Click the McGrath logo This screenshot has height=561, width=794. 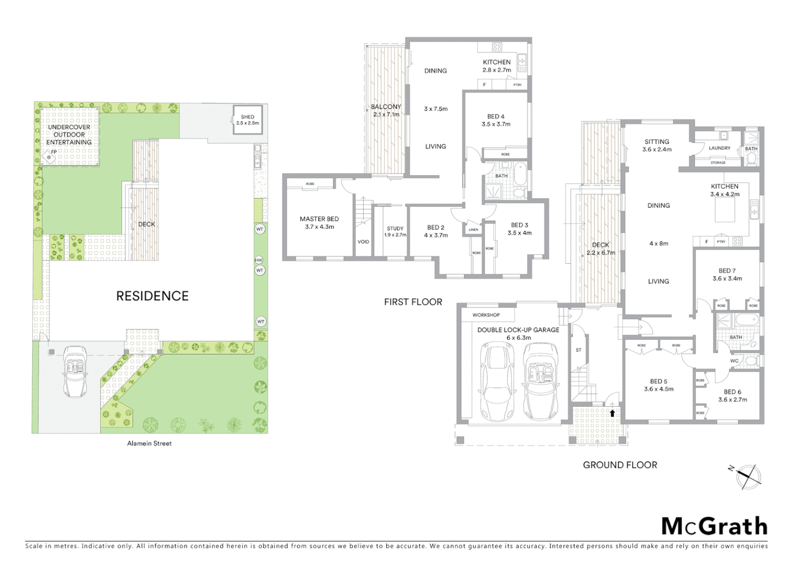714,526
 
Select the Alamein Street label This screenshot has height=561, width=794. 149,444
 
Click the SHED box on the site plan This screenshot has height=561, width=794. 247,120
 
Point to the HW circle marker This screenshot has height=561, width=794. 259,260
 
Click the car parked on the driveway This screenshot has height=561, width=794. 76,371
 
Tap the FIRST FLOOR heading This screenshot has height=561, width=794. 413,302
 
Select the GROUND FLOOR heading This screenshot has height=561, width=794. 620,465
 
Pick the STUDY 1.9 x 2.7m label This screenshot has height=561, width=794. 395,232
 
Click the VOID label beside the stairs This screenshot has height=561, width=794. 363,242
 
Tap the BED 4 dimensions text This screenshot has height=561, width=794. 496,124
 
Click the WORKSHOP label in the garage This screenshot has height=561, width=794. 486,315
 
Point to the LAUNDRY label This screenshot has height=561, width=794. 720,148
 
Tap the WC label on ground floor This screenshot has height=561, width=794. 734,360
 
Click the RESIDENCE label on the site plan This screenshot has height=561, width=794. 152,296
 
